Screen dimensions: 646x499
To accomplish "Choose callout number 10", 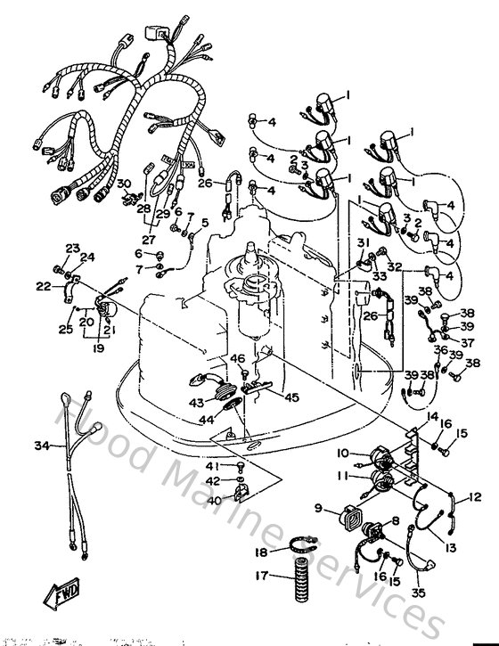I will (342, 454).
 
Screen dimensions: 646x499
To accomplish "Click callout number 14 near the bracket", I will (432, 416).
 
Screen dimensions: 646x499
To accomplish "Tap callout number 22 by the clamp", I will (43, 286).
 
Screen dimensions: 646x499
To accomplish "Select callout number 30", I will (124, 184).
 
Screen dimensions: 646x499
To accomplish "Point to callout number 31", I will (363, 244).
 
